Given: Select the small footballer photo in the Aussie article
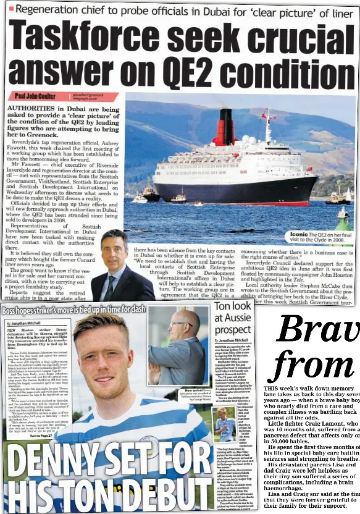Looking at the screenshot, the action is pyautogui.click(x=226, y=424).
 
